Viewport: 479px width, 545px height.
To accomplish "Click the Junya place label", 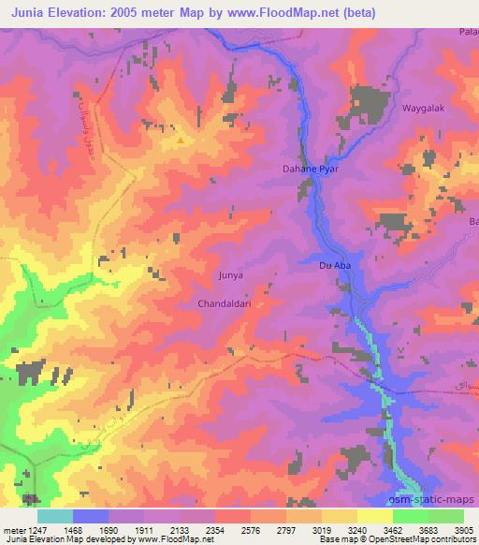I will coord(230,275).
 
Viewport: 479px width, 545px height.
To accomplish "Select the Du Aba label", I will coord(334,266).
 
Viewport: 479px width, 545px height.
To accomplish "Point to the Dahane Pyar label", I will coord(310,169).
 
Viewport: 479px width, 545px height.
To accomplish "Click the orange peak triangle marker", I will coord(181,140).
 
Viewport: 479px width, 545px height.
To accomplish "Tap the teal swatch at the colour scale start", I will coord(54,515).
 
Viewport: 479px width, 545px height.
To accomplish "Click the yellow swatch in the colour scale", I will coord(374,515).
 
